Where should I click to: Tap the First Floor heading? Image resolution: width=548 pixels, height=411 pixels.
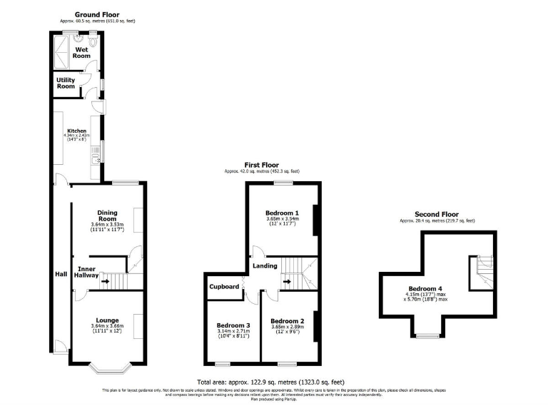click(261, 164)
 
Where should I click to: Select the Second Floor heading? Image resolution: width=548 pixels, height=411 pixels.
click(437, 214)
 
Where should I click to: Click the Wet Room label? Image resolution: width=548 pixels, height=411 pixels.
click(81, 52)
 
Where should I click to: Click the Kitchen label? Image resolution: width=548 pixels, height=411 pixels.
click(76, 131)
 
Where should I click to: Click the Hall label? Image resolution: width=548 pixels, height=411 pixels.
click(61, 274)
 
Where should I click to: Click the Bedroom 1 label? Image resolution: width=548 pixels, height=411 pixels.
click(282, 213)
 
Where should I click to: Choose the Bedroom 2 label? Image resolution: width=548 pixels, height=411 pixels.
click(287, 321)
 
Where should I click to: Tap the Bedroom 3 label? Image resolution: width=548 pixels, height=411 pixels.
click(233, 325)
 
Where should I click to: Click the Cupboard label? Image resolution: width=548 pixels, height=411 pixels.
click(224, 287)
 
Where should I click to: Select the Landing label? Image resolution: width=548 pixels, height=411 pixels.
click(265, 266)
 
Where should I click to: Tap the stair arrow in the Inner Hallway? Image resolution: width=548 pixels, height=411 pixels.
click(105, 280)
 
